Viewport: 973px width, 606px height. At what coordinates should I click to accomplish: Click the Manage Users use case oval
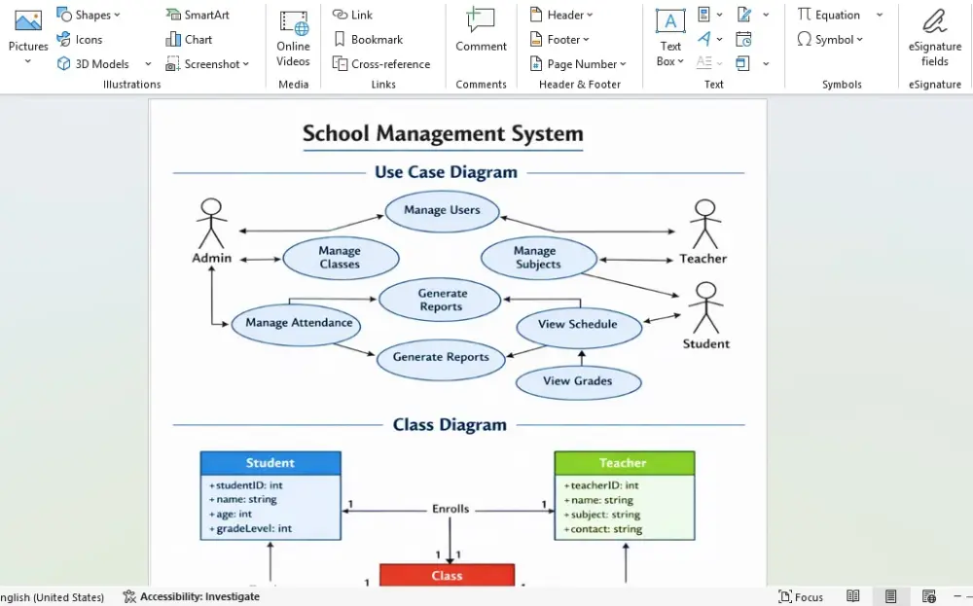(442, 211)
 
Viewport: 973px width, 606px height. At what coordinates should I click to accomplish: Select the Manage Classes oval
(341, 258)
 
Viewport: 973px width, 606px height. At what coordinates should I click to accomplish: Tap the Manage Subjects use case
(538, 258)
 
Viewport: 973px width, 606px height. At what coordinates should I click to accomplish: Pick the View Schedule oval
(578, 325)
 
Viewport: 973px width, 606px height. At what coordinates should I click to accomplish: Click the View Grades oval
(578, 381)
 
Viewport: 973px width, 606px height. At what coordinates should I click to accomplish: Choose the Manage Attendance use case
(298, 324)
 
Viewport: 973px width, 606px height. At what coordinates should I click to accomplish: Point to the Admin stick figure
(211, 225)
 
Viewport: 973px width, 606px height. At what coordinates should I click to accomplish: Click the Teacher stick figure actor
(704, 225)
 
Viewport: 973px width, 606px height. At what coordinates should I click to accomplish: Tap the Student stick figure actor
(705, 308)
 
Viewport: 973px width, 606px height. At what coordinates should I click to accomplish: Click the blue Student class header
(270, 463)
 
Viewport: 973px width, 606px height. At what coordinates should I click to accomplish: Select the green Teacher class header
(624, 463)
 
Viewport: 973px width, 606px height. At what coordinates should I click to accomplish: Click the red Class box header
(447, 576)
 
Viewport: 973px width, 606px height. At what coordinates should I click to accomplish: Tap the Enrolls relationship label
(450, 509)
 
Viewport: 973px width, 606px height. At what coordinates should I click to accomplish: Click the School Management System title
(443, 134)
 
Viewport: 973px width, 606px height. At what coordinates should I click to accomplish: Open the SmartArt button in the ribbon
(198, 15)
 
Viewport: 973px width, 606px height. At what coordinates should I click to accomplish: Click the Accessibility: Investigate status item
(192, 596)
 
